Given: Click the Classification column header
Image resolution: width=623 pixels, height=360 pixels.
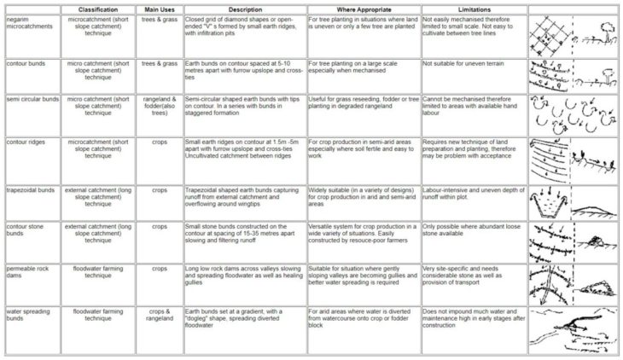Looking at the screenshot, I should click(x=97, y=9).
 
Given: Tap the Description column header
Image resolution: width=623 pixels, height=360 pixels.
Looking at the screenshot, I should click(x=245, y=9).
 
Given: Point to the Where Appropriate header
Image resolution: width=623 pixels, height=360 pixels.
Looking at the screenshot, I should click(x=364, y=9).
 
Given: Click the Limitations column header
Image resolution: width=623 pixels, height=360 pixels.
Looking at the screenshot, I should click(x=473, y=9).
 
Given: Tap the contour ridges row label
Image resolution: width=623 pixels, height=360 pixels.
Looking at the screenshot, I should click(x=26, y=142).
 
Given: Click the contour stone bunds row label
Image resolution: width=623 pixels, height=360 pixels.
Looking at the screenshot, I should click(x=26, y=230).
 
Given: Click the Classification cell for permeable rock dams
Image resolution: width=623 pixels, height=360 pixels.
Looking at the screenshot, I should click(x=97, y=272).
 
